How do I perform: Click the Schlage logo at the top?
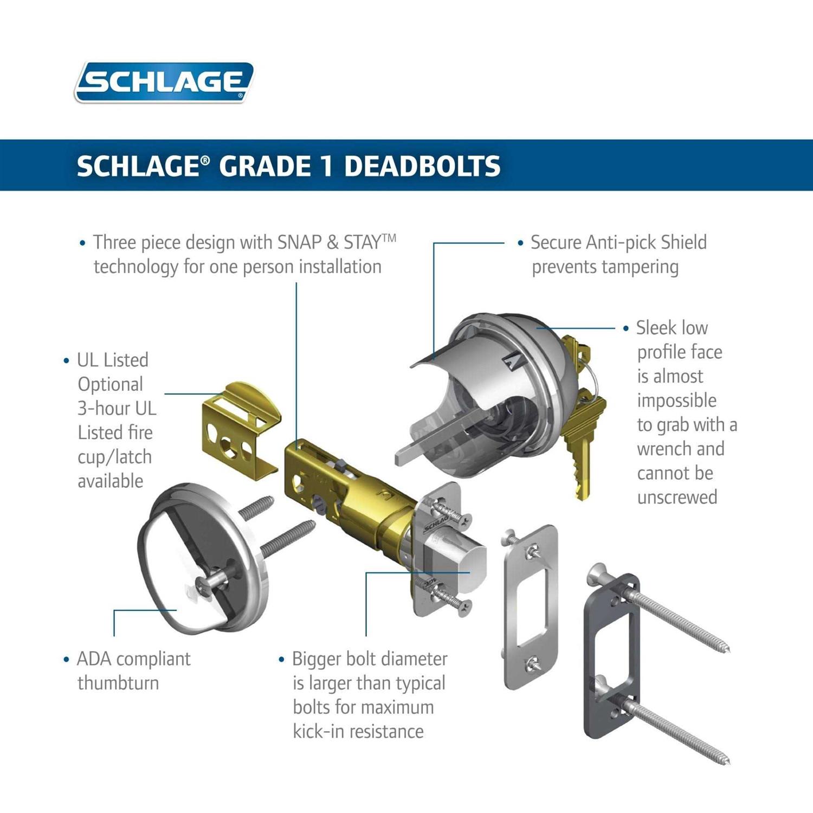(164, 82)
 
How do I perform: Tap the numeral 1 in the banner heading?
(326, 166)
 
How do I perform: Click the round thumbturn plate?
(203, 558)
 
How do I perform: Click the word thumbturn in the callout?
(118, 683)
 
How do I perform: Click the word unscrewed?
(677, 497)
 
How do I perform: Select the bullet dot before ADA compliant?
(67, 660)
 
